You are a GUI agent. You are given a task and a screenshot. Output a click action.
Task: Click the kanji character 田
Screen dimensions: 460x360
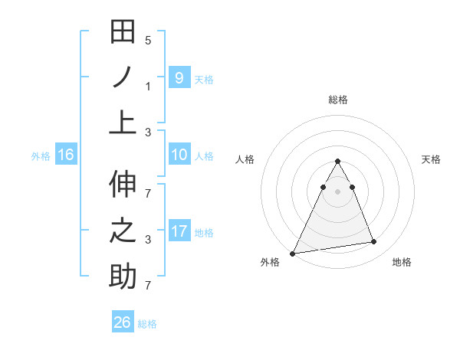(x=123, y=32)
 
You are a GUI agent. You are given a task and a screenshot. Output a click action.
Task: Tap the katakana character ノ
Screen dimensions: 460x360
(x=123, y=77)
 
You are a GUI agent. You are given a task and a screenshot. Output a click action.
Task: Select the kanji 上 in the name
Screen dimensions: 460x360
(x=123, y=121)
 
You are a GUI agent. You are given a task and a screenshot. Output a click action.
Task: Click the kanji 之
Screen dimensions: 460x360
(x=123, y=231)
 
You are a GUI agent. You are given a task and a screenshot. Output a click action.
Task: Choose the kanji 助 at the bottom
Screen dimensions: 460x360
(x=123, y=276)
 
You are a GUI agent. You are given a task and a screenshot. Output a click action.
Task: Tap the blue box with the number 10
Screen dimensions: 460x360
(x=179, y=155)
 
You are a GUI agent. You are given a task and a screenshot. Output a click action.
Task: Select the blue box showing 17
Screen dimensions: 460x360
(x=179, y=231)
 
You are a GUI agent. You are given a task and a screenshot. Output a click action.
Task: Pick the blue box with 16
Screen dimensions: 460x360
(x=65, y=155)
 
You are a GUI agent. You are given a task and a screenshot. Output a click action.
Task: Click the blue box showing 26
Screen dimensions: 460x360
(x=122, y=322)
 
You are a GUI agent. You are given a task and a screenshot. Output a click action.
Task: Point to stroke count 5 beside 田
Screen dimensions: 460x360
(x=148, y=40)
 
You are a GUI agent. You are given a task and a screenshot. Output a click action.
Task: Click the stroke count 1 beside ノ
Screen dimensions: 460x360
(x=148, y=86)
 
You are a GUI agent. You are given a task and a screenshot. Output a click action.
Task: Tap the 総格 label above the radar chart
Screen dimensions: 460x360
(x=337, y=100)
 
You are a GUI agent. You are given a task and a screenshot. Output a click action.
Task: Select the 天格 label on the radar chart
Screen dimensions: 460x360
(x=431, y=159)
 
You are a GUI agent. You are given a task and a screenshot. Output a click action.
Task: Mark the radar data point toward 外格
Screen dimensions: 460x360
(x=292, y=253)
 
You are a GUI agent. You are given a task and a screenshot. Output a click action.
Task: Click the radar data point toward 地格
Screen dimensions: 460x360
(x=374, y=242)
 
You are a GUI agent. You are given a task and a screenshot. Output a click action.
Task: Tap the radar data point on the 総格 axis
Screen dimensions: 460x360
(x=337, y=161)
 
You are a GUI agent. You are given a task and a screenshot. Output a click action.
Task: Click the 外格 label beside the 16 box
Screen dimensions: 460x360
(x=41, y=155)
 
